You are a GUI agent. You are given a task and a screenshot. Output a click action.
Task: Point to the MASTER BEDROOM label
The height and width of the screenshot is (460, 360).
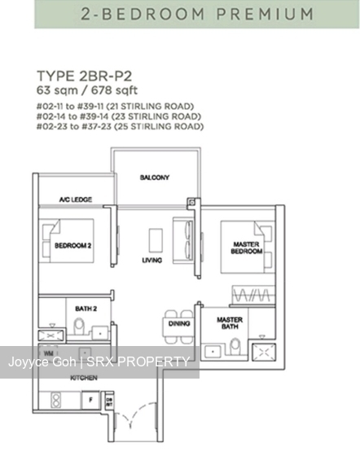245,247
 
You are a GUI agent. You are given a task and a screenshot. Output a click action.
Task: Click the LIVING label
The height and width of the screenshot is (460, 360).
151,261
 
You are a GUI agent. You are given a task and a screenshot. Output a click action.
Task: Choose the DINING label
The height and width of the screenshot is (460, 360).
179,323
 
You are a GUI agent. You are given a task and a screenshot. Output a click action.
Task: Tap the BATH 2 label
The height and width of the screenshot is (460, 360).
86,308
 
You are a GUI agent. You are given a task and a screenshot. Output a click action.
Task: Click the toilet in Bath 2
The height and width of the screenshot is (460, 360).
79,329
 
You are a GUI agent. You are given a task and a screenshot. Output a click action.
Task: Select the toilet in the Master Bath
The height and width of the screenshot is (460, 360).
236,347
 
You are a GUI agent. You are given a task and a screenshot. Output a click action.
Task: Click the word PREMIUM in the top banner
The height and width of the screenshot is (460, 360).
264,14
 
